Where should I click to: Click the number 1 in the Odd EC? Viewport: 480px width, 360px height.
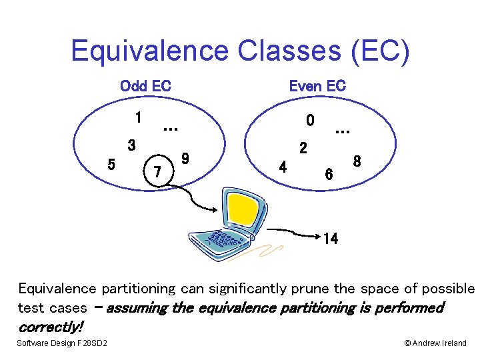pos(137,118)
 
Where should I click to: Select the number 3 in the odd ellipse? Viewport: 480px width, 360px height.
pos(132,145)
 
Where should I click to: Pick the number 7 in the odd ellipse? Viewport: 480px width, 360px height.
pos(157,173)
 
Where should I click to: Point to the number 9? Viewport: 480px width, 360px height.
pos(186,159)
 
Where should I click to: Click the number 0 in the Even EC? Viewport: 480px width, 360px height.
pos(310,121)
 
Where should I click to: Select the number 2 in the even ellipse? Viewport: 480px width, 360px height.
pos(303,148)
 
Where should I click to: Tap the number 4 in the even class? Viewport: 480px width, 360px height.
pos(283,167)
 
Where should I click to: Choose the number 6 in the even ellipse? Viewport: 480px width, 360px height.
pos(329,174)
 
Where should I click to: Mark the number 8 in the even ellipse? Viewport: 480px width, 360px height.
pos(357,161)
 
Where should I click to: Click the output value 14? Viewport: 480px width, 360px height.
pos(330,239)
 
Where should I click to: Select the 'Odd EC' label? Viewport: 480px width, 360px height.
pos(145,86)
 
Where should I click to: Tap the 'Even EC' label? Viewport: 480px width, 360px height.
pos(317,86)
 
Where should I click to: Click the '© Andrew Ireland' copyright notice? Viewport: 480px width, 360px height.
pos(435,343)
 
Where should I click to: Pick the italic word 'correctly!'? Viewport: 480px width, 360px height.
pos(51,327)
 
